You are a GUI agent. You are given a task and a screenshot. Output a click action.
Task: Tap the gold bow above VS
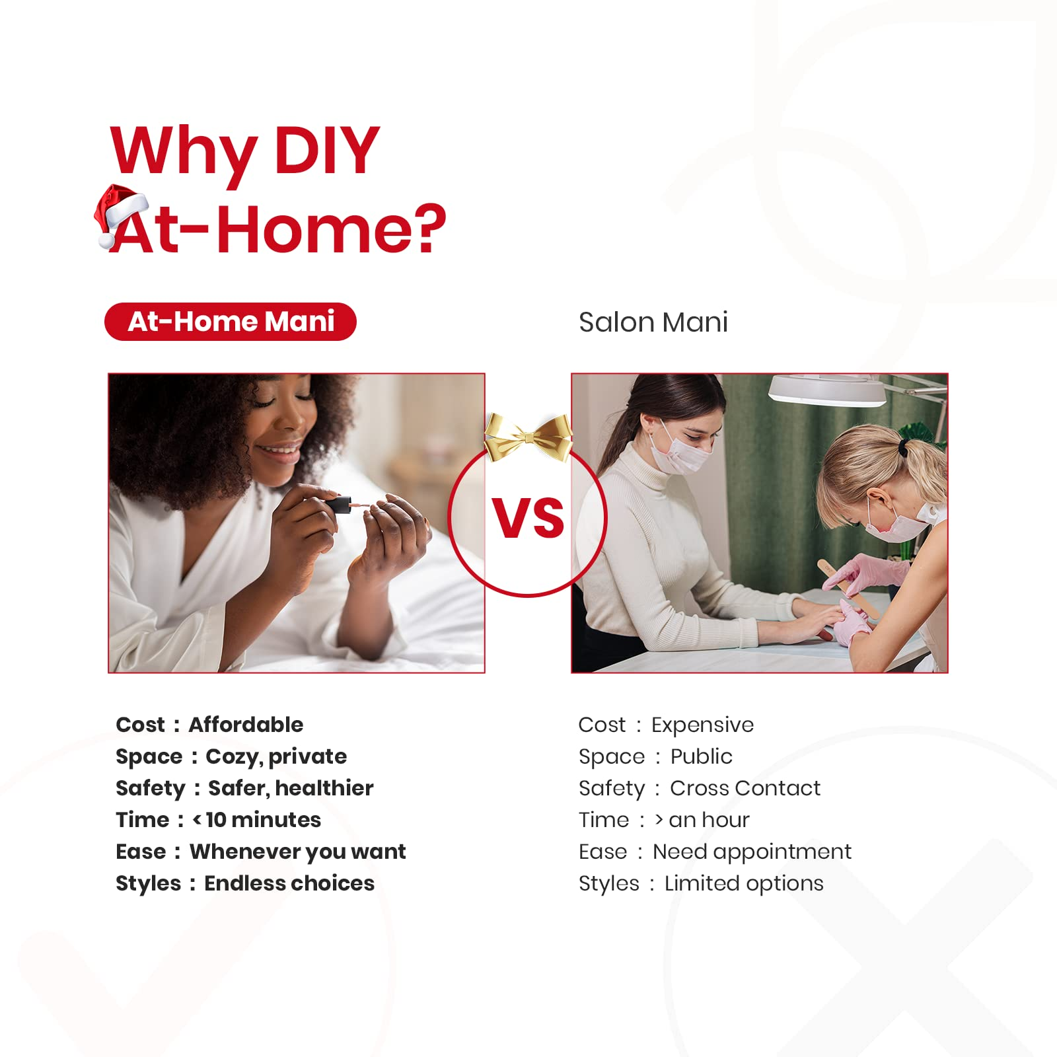pos(528,437)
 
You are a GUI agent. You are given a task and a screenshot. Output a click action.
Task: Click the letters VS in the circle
pos(528,519)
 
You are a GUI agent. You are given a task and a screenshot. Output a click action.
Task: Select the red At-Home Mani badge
pos(231,322)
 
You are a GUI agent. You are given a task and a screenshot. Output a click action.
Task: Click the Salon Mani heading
pos(653,322)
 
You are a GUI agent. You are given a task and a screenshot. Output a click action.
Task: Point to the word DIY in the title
pos(326,150)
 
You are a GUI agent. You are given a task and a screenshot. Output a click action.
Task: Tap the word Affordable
pos(246,725)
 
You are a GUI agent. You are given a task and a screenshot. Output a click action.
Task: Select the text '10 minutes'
pos(263,820)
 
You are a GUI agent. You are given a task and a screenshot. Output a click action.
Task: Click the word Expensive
pos(702,725)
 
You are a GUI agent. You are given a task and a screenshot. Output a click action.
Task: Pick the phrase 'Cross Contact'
pos(745,788)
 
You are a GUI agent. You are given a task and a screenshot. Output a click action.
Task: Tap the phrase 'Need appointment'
pos(752,852)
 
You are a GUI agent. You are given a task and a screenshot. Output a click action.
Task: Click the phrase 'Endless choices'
pos(289,883)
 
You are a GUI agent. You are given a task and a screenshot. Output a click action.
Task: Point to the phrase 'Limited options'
pos(744,884)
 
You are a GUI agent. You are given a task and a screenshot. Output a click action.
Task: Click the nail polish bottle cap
pos(338,505)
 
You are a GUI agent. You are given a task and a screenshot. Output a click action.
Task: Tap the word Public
pos(701,756)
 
